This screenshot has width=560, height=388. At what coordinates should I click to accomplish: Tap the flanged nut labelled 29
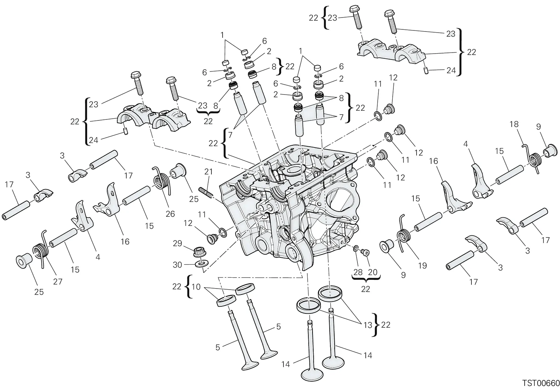coord(199,252)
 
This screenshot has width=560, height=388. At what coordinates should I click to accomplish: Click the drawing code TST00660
coord(540,383)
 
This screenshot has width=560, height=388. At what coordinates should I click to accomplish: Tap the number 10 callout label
coord(196,287)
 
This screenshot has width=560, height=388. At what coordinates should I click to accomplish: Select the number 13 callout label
coord(368,325)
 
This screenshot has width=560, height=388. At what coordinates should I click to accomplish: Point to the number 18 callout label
coord(514,124)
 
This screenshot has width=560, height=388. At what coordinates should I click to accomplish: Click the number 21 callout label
coord(208,172)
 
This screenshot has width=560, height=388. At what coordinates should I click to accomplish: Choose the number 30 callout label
coord(177,265)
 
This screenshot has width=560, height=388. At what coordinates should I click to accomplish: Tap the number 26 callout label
coord(170,214)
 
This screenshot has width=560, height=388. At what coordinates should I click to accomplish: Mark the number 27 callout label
coord(57,282)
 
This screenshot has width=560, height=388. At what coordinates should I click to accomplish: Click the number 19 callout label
coord(422,265)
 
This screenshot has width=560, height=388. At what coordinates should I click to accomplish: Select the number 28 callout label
coord(358,272)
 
